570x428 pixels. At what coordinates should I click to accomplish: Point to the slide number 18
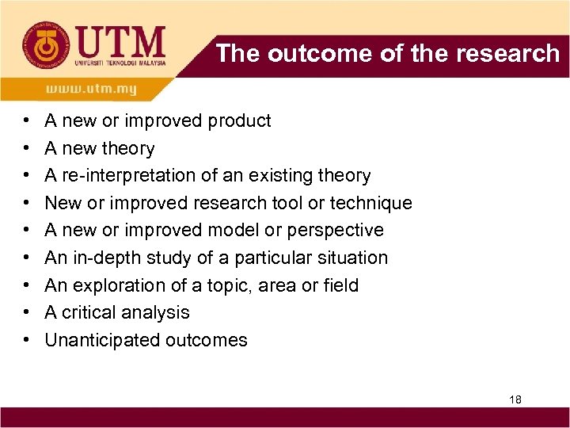tap(515, 399)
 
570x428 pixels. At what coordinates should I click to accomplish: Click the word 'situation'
tap(351, 258)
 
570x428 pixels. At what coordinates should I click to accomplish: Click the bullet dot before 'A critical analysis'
tap(26, 313)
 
